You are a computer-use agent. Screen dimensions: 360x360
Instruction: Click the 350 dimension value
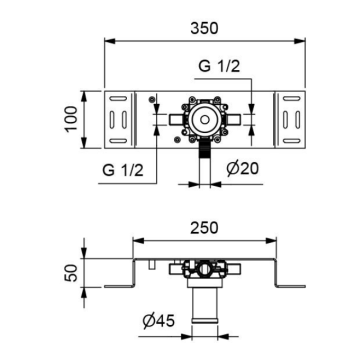(204, 28)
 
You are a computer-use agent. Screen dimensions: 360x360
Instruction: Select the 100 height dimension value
(71, 119)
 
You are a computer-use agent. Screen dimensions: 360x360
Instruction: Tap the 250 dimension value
(204, 228)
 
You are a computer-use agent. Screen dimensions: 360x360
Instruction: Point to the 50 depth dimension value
(71, 273)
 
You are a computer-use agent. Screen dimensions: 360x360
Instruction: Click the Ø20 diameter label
(242, 169)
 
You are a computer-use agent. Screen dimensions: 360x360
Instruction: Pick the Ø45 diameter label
(158, 321)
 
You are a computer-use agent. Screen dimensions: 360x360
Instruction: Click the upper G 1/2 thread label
(219, 67)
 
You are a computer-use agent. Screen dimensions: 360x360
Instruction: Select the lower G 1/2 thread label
(123, 170)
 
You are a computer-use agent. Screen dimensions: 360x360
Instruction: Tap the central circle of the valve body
(205, 119)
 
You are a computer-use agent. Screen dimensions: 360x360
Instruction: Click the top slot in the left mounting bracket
(118, 99)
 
